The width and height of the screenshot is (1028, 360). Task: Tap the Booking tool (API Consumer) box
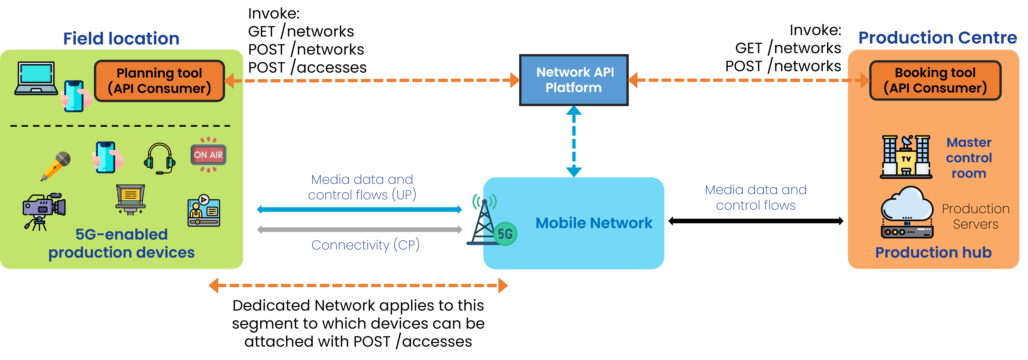click(935, 80)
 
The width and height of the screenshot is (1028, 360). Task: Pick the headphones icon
click(160, 158)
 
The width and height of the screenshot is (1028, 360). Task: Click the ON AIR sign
click(208, 155)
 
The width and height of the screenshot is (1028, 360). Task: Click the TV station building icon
click(906, 157)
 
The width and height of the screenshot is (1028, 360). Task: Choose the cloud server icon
click(907, 213)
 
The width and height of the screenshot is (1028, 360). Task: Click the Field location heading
click(121, 39)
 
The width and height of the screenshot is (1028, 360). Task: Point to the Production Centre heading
click(937, 38)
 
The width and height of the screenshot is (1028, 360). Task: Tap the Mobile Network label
click(594, 223)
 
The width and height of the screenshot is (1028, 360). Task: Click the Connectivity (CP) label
click(365, 245)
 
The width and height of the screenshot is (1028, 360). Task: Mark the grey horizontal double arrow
click(359, 230)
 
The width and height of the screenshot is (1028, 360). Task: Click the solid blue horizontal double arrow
click(359, 209)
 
